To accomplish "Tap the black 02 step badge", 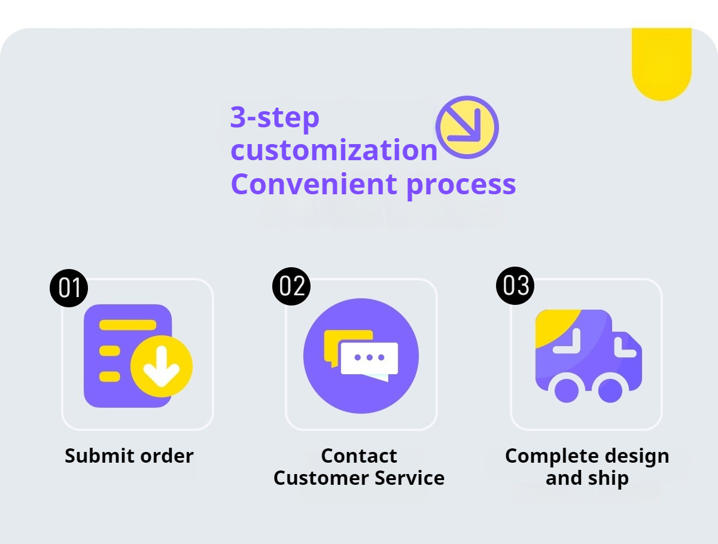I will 292,286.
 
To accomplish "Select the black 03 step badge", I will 516,285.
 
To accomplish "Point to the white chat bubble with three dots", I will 369,359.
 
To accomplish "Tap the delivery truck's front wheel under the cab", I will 610,390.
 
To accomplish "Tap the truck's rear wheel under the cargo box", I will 567,390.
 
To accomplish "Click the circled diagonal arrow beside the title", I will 467,127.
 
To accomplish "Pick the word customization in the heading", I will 334,150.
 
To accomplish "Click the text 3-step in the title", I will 275,117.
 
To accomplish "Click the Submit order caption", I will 129,456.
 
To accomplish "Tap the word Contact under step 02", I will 359,456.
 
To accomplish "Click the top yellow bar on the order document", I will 127,325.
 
